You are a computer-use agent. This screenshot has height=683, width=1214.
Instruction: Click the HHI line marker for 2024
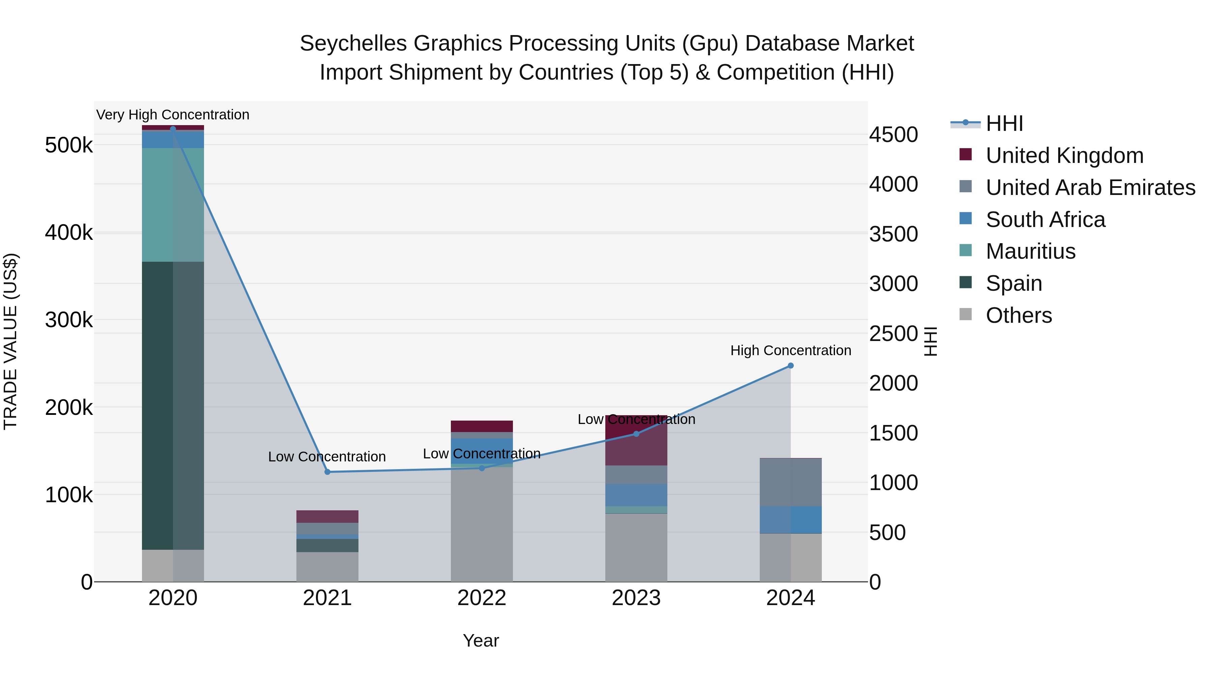click(x=790, y=366)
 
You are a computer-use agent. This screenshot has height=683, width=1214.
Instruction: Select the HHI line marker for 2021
click(x=327, y=472)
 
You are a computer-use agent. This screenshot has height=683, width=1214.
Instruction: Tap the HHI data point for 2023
click(x=636, y=434)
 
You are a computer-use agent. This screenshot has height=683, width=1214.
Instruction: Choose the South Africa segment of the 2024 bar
click(x=790, y=519)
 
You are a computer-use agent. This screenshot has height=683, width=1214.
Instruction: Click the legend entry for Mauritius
click(x=1030, y=251)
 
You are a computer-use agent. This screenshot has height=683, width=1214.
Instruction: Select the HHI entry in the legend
click(x=1004, y=123)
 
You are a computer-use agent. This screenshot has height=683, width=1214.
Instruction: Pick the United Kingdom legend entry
click(x=1064, y=155)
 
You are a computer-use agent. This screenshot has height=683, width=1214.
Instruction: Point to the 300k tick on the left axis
click(x=69, y=320)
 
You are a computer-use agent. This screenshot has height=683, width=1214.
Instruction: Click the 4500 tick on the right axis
click(x=893, y=135)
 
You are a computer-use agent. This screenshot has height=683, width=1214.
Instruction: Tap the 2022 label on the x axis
click(x=482, y=598)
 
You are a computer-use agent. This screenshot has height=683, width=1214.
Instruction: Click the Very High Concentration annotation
click(x=172, y=115)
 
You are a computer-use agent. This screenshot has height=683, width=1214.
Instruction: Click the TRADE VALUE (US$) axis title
click(x=10, y=341)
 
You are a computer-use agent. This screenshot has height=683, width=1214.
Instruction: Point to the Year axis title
click(x=481, y=641)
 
